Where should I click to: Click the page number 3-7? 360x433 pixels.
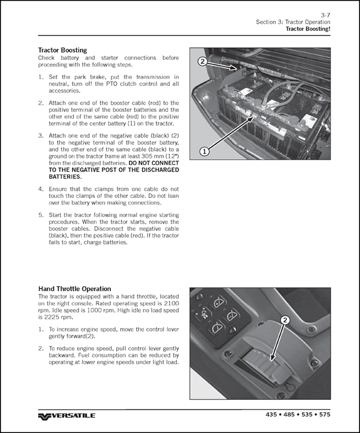coord(326,14)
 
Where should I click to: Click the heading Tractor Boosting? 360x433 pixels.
coord(62,50)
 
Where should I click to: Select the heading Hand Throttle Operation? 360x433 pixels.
coord(74,289)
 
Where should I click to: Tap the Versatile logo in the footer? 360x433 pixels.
coord(66,416)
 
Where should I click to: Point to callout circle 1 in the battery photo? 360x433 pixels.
coord(203,150)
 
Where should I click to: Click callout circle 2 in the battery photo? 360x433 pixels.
coord(203,62)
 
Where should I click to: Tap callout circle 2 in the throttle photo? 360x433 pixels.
coord(285,320)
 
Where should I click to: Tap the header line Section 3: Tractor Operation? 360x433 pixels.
coord(293,22)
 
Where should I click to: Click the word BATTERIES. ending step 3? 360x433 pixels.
coord(64,177)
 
